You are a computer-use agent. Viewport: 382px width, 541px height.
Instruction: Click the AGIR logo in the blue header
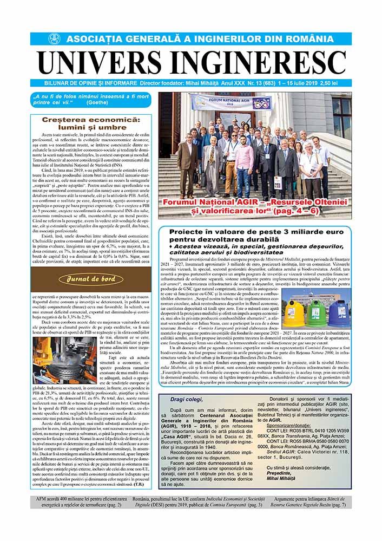coord(54,39)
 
